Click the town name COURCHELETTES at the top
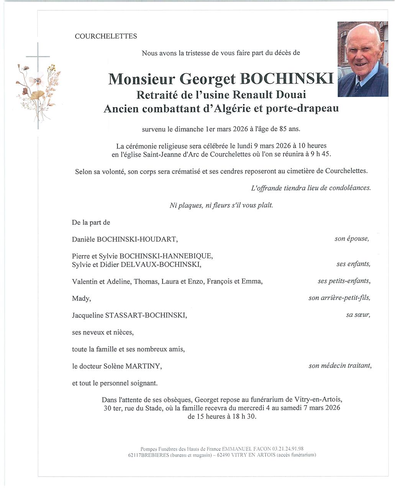pos(106,36)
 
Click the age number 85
pos(284,129)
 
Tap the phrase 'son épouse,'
pos(352,239)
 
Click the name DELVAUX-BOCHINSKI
pos(161,264)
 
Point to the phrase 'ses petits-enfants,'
pos(344,281)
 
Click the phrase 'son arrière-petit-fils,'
pos(339,297)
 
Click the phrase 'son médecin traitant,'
pos(340,366)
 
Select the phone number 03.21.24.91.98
pos(288,448)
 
